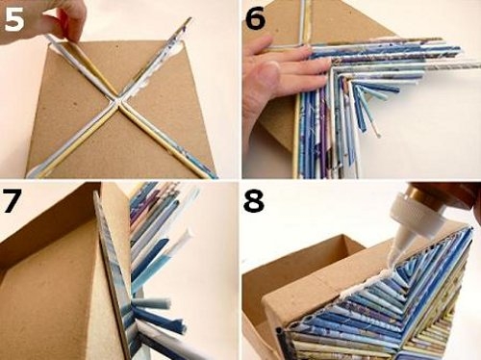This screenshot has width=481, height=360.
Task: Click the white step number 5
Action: pos(14,20)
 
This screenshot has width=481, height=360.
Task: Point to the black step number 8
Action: pos(254,201)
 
